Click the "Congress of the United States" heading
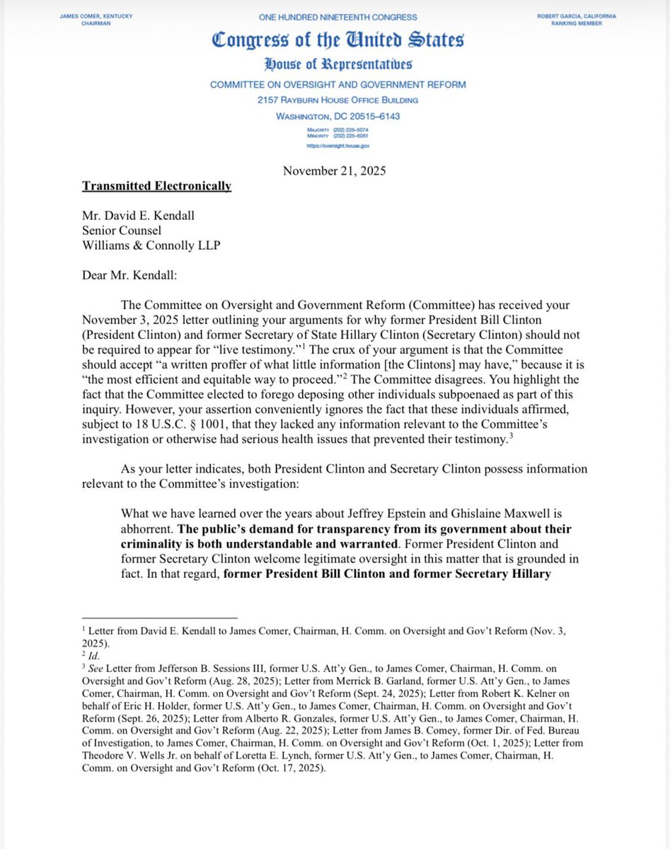tap(337, 41)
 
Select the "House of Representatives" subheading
tap(337, 66)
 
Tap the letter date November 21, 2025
tap(334, 170)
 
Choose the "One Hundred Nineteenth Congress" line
tap(337, 16)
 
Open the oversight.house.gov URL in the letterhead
tap(338, 146)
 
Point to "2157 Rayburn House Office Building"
tap(337, 100)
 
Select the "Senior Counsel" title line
tap(121, 231)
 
